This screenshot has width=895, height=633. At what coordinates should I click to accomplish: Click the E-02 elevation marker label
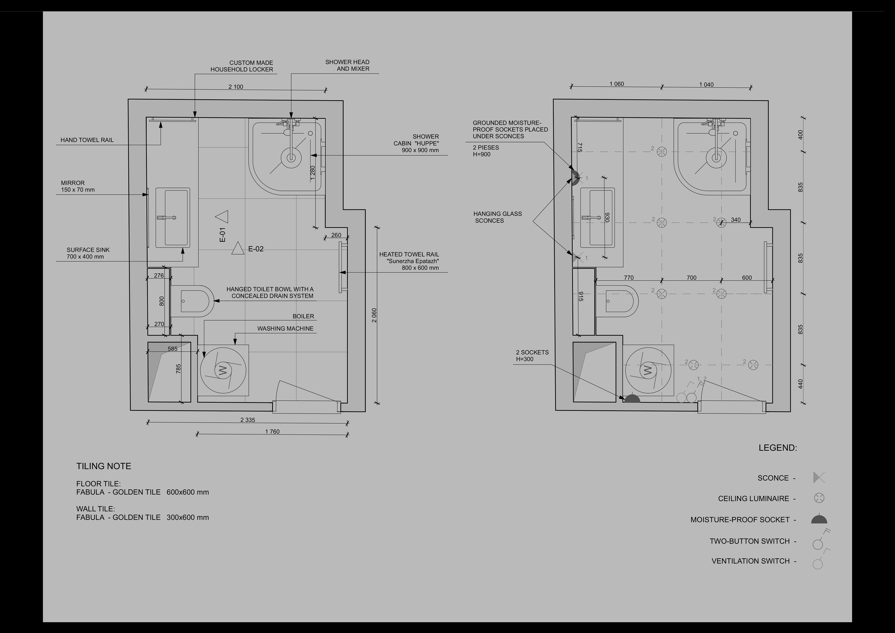coord(256,249)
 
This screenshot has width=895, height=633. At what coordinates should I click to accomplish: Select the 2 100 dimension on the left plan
coord(236,86)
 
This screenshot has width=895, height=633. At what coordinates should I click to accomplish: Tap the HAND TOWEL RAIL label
coord(87,140)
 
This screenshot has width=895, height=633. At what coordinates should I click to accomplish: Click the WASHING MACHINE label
coord(285,329)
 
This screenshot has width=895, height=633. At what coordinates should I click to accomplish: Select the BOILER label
coord(303,316)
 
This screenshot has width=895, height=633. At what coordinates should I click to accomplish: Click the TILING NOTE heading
coord(104,466)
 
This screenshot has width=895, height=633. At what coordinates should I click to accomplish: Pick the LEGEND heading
coord(778,448)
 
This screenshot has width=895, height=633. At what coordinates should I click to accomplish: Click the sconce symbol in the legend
coord(819,477)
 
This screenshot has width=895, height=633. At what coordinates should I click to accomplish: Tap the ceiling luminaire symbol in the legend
coord(819,498)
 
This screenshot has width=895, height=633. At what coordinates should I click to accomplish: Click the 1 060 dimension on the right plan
coord(617,84)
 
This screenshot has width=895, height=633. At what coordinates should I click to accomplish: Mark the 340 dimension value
coord(736,220)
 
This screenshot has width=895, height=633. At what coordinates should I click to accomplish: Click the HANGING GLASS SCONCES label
coord(497,217)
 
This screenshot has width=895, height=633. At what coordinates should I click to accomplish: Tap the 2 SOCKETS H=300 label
coord(532,356)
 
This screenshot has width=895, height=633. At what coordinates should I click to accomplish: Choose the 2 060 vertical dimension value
coord(374,315)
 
